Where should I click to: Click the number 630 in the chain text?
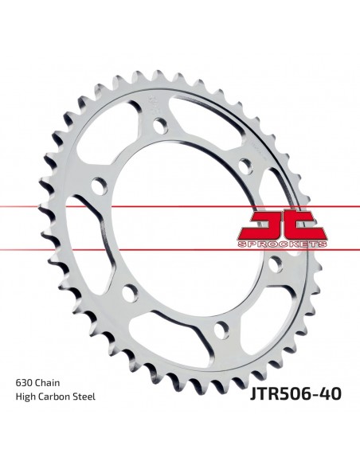click(24, 383)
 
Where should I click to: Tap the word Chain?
click(47, 383)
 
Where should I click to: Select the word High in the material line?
click(25, 397)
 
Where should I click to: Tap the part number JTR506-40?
click(295, 394)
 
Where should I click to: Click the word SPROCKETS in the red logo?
click(282, 244)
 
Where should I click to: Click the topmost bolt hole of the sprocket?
click(161, 125)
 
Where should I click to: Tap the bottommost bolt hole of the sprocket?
click(221, 329)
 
